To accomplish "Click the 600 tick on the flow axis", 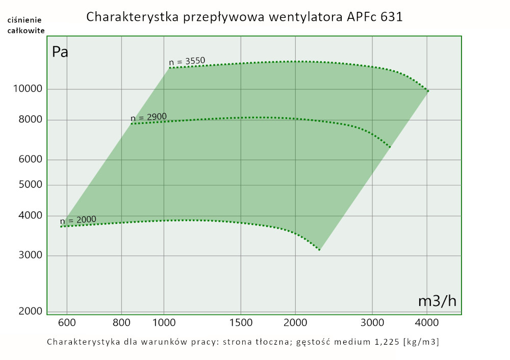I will [67, 322].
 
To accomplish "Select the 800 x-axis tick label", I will [121, 322].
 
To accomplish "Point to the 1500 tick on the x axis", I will [241, 322].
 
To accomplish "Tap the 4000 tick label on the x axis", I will [427, 322].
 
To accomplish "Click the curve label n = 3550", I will [187, 62].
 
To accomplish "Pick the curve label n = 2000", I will [78, 220].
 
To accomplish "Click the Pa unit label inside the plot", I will [60, 52].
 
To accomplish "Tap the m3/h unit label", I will [437, 301].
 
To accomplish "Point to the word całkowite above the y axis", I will [25, 31].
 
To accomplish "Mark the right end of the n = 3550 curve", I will [428, 91].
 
